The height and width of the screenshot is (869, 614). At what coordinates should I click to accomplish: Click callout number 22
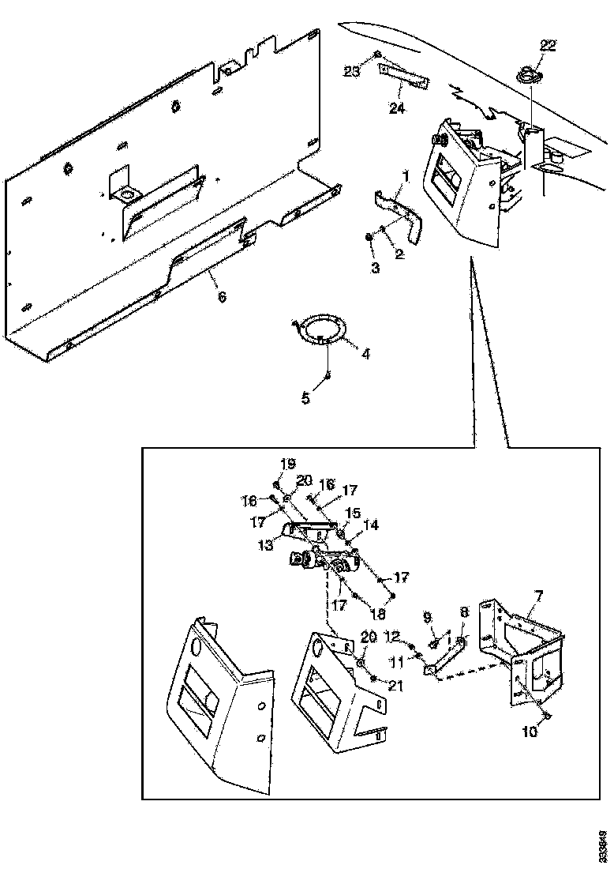click(548, 46)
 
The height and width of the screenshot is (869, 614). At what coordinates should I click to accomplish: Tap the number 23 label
click(352, 72)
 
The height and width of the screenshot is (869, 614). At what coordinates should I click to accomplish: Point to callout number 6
click(223, 297)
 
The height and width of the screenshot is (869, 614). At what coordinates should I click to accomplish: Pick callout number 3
click(376, 269)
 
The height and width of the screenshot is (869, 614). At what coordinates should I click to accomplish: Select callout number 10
click(530, 732)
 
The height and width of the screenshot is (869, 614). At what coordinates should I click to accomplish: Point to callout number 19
click(286, 463)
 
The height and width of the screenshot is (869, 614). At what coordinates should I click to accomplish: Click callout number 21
click(395, 686)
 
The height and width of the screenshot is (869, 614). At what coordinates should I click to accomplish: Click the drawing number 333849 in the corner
click(603, 845)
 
